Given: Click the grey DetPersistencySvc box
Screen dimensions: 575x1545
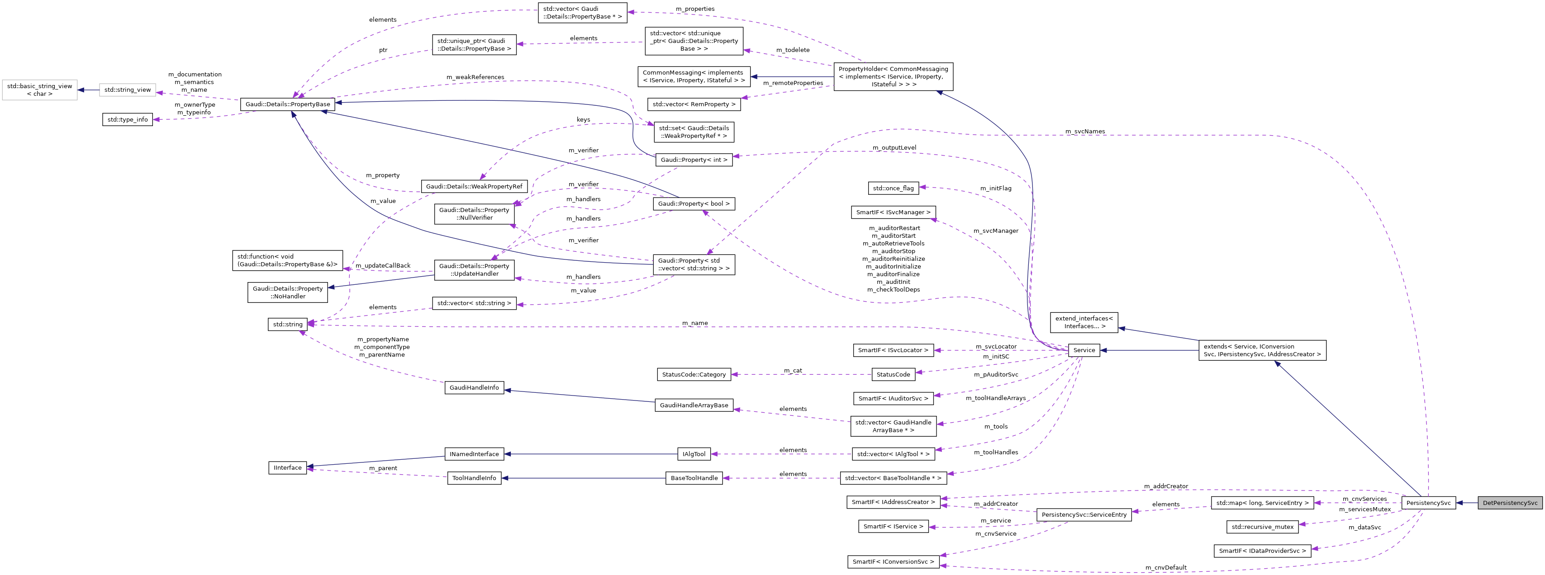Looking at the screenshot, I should point(1510,503).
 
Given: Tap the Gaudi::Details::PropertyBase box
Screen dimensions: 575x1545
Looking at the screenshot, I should point(287,104).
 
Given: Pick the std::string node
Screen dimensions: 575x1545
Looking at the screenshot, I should point(287,325).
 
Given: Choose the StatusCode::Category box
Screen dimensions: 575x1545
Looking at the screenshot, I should point(694,374).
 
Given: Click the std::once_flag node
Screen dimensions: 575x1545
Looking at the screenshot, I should point(893,188).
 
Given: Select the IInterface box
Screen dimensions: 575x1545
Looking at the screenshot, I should point(287,468).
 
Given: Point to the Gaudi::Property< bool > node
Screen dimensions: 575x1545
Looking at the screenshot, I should point(694,204).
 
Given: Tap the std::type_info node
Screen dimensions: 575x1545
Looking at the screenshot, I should point(127,119).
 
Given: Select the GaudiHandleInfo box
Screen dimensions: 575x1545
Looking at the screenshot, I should point(474,387).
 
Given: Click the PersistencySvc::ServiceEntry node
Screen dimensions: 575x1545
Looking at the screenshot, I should point(1084,514).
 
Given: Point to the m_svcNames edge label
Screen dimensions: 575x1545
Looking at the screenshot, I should point(1084,131).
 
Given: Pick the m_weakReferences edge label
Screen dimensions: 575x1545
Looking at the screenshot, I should point(475,77).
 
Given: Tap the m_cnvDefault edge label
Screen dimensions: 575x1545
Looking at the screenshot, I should point(1165,567).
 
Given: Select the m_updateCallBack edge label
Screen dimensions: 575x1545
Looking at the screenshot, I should point(383,266).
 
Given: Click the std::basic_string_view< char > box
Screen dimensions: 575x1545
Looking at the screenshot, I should point(39,90).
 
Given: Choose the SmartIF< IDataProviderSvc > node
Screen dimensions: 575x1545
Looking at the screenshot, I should point(1262,551).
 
